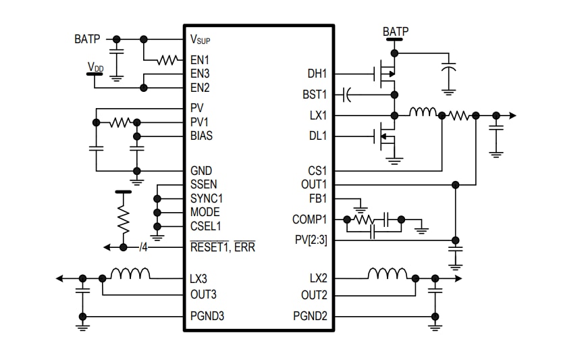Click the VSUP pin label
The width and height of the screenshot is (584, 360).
tap(201, 39)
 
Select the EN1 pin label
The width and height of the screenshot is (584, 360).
tap(200, 60)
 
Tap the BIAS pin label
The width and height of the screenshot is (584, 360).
tap(201, 136)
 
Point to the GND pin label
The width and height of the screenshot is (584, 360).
tap(201, 171)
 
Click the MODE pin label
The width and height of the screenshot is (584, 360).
tap(205, 212)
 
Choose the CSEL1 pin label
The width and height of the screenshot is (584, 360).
tap(205, 226)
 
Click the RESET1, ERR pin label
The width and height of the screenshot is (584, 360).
tap(223, 247)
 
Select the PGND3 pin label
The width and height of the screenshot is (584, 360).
tap(207, 316)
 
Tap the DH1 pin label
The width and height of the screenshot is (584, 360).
tap(317, 74)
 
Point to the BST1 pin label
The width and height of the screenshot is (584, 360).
tap(315, 95)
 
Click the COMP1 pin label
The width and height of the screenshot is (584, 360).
tap(310, 220)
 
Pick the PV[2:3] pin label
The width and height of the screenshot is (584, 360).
tap(311, 240)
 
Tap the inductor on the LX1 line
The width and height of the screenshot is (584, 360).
tap(423, 111)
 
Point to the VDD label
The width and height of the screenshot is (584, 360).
tap(95, 67)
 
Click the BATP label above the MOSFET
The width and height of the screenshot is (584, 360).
tap(395, 32)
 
